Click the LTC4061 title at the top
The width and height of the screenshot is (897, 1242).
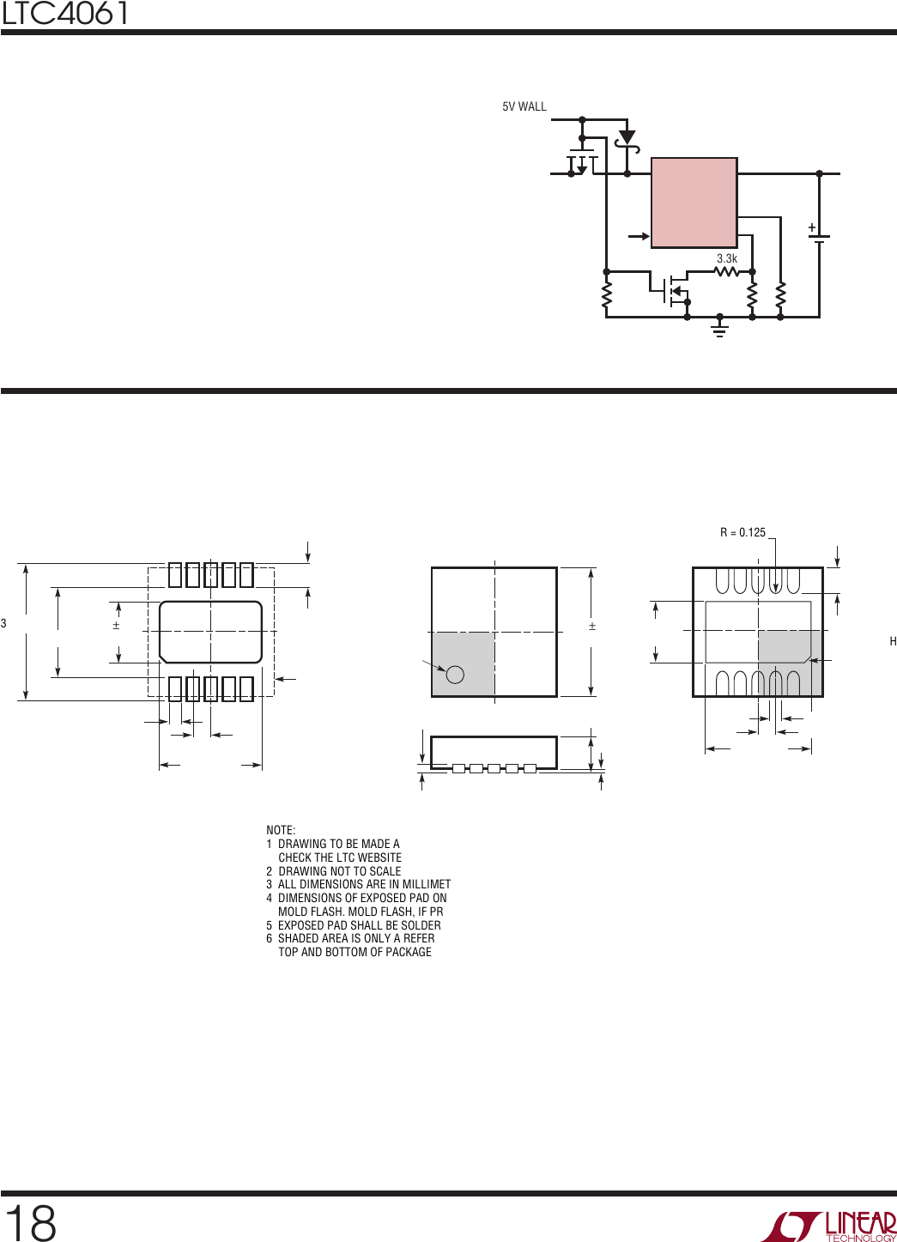pos(64,13)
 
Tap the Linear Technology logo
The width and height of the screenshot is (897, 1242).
pos(830,1225)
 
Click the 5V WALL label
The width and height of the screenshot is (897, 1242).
pos(524,106)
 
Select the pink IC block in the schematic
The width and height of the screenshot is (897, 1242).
pos(694,203)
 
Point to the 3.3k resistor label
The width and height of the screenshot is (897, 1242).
pos(727,258)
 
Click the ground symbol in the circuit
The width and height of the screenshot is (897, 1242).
pos(719,329)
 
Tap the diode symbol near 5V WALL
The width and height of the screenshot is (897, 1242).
pos(627,138)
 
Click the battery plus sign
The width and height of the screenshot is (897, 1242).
pos(812,227)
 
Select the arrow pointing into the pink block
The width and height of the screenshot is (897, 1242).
pos(639,237)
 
